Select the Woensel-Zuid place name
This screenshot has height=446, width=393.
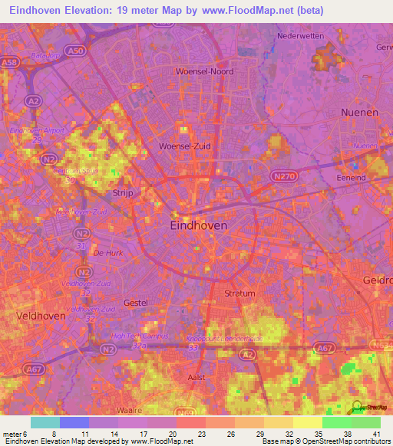(x=184, y=146)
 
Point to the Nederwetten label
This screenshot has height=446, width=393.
(x=300, y=36)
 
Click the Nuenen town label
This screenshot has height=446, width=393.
(x=358, y=112)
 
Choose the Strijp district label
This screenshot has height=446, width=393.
(x=123, y=194)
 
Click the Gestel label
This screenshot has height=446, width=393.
(x=135, y=303)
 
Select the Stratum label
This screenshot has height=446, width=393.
(x=239, y=294)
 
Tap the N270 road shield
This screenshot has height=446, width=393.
(x=281, y=175)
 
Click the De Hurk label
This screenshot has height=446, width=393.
(x=107, y=251)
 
